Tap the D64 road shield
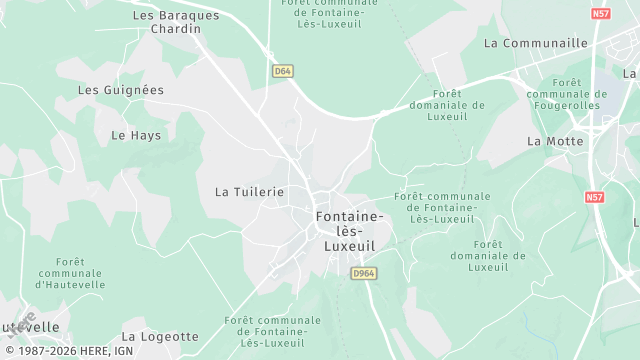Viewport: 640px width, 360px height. tap(282, 71)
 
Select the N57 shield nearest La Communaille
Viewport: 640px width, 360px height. tap(600, 14)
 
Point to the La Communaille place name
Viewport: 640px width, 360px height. tap(535, 43)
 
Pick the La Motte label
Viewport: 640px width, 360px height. tap(555, 141)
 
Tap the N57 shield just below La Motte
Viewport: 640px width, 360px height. tap(595, 197)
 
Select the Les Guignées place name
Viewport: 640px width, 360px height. tap(120, 90)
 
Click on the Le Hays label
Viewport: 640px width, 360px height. tap(135, 134)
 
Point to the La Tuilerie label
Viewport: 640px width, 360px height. tap(250, 191)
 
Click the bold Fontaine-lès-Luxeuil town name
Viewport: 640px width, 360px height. tap(348, 230)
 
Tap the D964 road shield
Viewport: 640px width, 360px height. tap(364, 272)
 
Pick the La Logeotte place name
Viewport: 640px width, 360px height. tap(160, 337)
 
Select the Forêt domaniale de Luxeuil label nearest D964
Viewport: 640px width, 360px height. tap(487, 256)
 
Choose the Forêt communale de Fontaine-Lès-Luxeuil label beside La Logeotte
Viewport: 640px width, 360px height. tap(265, 331)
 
